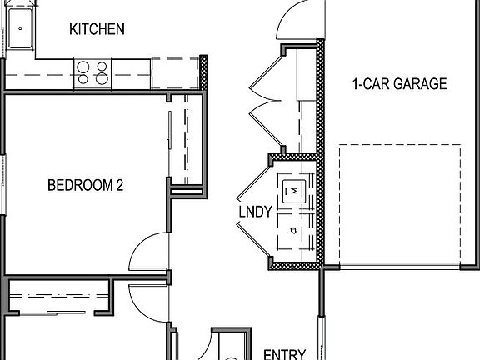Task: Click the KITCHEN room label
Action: pos(97,29)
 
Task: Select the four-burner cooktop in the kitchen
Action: pos(92,72)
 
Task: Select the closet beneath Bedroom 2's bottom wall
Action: pos(58,297)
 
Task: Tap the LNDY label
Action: pos(255,212)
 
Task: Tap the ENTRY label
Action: pos(284,353)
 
